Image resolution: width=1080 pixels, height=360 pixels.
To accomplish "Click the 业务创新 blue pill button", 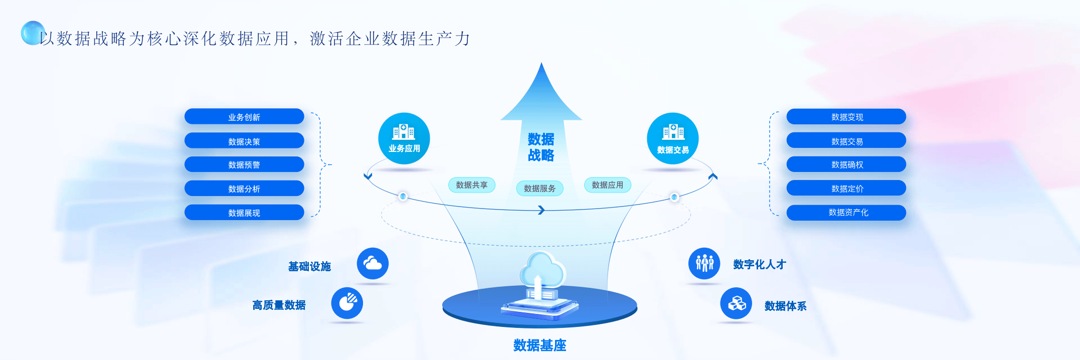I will coord(244,117).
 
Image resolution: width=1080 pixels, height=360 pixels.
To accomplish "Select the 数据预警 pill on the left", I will coord(244,164).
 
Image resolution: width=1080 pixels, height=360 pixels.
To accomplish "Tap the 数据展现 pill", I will coord(244,213).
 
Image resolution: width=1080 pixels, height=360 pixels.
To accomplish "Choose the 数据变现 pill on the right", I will coord(846,117).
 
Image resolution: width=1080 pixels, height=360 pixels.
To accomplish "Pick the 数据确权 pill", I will coord(846,164).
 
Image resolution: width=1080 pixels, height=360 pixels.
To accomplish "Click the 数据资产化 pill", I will coord(846,213).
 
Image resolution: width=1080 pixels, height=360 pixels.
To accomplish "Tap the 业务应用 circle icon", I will coord(404,138).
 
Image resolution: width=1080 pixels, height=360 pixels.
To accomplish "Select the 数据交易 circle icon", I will coord(672,138).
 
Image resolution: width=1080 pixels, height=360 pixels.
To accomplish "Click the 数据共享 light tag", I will coord(471,185).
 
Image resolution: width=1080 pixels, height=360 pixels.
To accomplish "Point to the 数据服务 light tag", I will coord(539,189).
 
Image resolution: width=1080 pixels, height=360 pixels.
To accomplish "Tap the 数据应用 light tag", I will coord(607,185).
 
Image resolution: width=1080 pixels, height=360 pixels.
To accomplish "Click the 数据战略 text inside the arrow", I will coord(541,147).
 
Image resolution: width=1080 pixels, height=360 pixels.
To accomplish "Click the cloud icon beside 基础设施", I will coord(373,263).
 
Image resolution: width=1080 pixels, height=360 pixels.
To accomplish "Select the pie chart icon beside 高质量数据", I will coord(347,303).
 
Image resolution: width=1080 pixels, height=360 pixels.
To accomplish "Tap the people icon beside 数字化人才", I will coord(704,263).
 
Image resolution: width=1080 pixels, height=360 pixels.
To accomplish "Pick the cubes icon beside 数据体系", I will coord(736,303).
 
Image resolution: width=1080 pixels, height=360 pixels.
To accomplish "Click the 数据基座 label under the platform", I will coord(539,345).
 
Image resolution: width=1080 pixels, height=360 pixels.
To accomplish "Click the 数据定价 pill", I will coord(846,189).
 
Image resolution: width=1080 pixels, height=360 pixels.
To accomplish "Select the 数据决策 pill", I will coord(244,141).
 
